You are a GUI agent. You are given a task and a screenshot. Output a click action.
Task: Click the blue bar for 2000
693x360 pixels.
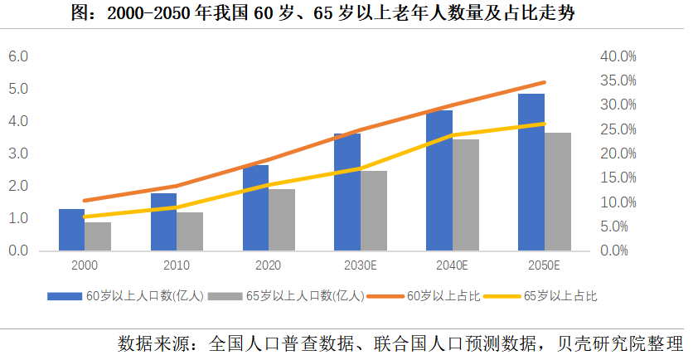71,230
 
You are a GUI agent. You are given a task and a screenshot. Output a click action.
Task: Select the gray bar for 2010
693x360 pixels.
190,231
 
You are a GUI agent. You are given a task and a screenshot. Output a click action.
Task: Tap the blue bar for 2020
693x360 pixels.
255,207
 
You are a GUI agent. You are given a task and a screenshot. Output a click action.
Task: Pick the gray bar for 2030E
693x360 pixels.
373,211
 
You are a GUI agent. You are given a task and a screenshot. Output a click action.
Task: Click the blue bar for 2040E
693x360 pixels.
439,180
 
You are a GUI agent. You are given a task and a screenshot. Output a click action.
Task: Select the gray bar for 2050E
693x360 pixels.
558,192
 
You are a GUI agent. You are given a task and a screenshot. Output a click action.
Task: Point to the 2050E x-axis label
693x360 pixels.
544,265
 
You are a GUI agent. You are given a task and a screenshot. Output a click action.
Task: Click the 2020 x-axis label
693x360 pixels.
269,265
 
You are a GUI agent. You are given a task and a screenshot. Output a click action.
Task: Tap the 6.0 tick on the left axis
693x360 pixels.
18,56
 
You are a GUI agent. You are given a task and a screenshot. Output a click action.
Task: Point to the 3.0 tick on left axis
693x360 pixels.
18,153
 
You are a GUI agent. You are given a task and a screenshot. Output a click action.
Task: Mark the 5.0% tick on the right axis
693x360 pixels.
619,226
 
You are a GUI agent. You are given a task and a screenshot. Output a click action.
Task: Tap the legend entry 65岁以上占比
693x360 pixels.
560,295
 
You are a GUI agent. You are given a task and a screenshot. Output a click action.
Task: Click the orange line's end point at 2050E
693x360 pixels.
545,82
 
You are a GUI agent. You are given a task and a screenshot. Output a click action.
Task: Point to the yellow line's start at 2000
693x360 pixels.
85,216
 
